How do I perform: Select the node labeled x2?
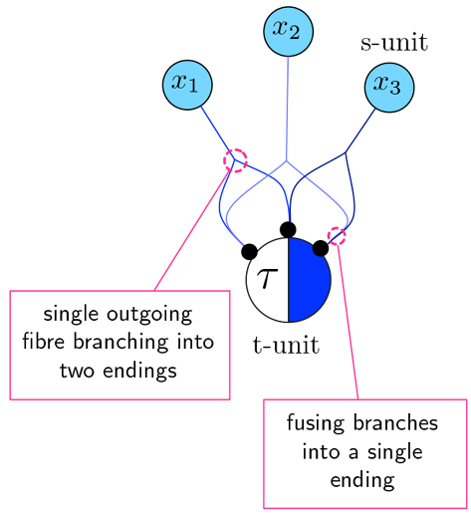pos(289,31)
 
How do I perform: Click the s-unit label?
pos(393,42)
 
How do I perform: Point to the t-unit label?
pos(286,346)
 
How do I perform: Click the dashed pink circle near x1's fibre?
pos(235,160)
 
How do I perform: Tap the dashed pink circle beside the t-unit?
pos(337,236)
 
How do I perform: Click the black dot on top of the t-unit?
pos(288,230)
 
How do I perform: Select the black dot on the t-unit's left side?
pos(250,251)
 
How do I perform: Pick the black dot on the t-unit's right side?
pos(320,247)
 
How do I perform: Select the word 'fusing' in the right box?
pos(314,423)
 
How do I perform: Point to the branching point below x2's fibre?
pos(288,160)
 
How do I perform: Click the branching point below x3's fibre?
pos(345,152)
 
